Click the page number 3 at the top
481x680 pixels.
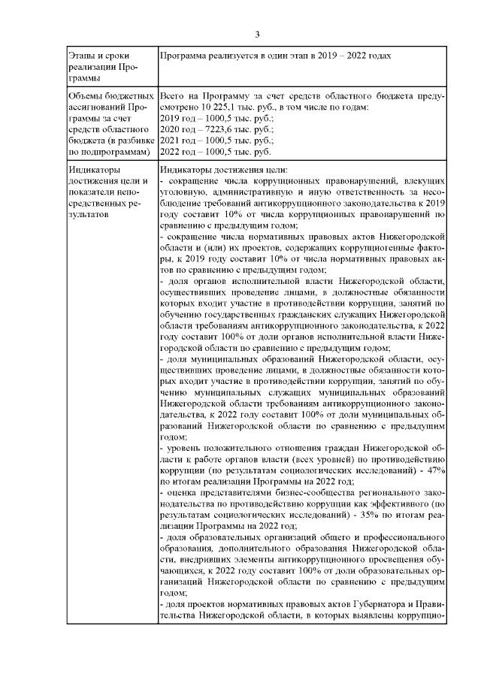pyautogui.click(x=257, y=34)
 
